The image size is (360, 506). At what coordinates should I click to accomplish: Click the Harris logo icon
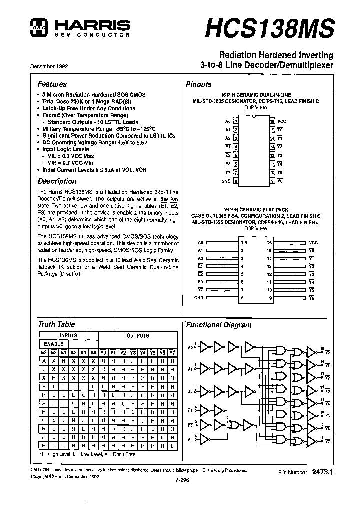(x=37, y=28)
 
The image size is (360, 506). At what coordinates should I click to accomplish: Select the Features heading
(x=52, y=84)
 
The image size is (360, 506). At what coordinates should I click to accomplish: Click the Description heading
(x=57, y=181)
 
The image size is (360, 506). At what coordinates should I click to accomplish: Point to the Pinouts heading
(x=199, y=84)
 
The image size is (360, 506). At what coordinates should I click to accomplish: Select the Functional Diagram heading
(x=218, y=325)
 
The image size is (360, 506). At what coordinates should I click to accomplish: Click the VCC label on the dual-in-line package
(x=282, y=121)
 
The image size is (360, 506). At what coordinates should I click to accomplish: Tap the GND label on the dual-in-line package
(x=227, y=182)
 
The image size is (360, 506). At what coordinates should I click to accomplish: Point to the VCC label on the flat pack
(x=313, y=243)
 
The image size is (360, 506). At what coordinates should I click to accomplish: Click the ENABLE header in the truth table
(x=53, y=344)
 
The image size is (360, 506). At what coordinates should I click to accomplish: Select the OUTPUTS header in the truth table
(x=137, y=336)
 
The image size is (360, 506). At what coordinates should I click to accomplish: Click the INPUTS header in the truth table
(x=68, y=336)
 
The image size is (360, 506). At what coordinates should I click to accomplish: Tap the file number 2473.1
(x=322, y=471)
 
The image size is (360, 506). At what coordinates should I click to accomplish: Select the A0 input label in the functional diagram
(x=190, y=346)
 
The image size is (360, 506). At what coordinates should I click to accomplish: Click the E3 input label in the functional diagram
(x=190, y=440)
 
